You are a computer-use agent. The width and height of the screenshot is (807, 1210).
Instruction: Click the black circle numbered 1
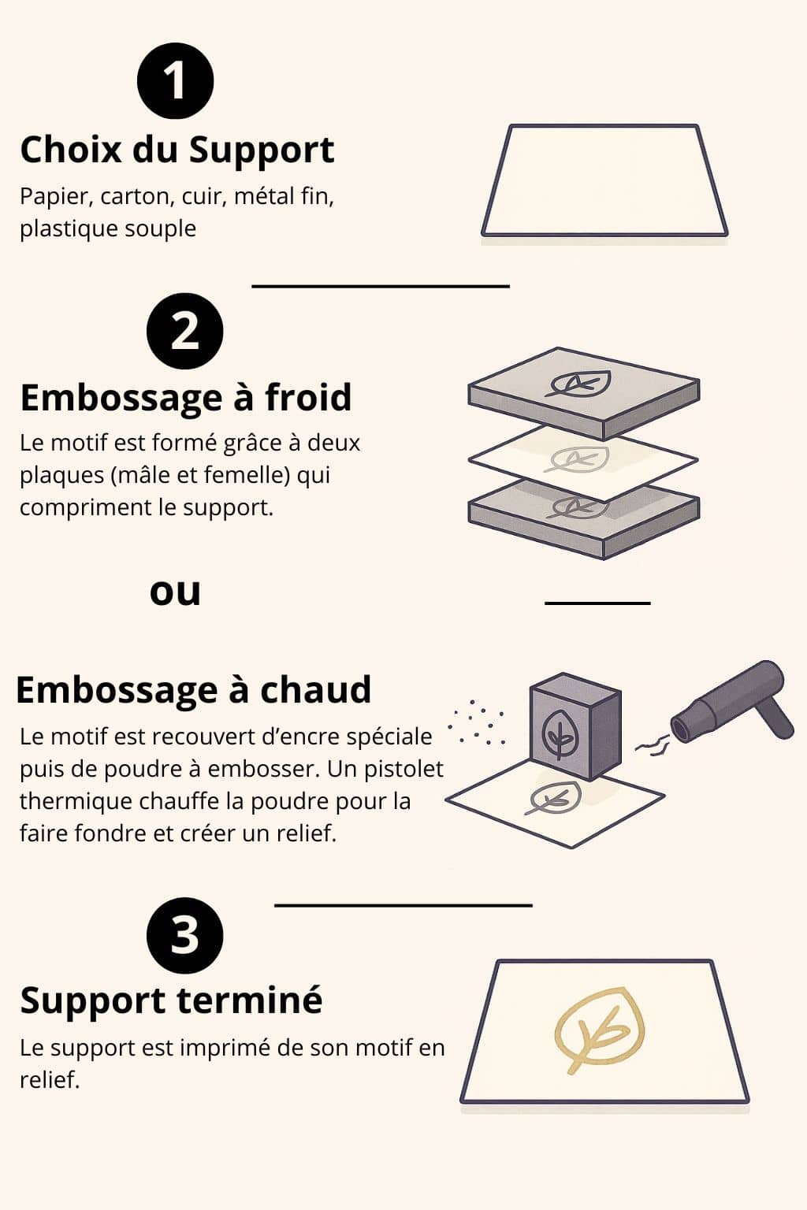coord(176,82)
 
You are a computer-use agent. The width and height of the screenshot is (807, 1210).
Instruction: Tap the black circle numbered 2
coord(185,332)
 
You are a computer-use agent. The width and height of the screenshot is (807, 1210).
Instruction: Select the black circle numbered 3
coord(185,936)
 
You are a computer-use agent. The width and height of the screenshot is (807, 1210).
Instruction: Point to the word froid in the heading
coord(308,397)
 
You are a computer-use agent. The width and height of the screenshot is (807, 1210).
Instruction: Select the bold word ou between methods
coord(175,592)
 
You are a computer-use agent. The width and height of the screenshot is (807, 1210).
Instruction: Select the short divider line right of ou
coord(597,603)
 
